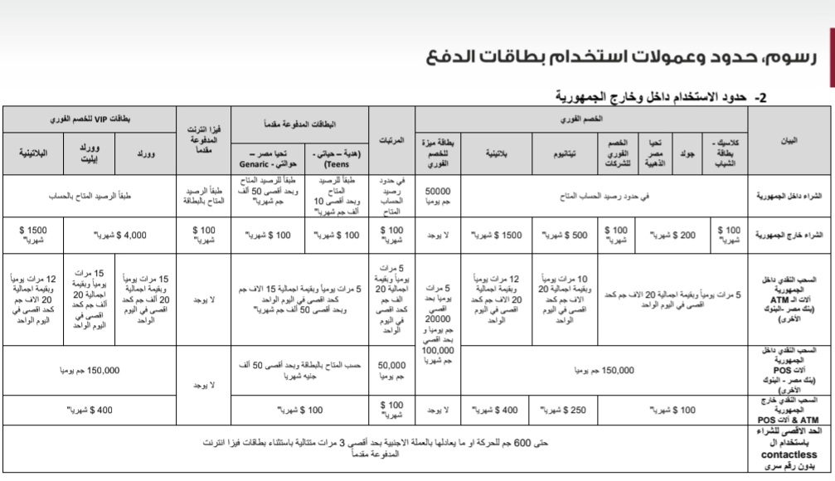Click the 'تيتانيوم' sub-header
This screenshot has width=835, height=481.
coord(565,154)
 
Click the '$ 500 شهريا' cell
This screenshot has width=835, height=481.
coord(566,235)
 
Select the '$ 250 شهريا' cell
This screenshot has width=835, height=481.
coord(566,409)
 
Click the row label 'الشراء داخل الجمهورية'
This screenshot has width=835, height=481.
coord(790,197)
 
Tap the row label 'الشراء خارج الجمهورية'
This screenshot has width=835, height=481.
coord(790,235)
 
